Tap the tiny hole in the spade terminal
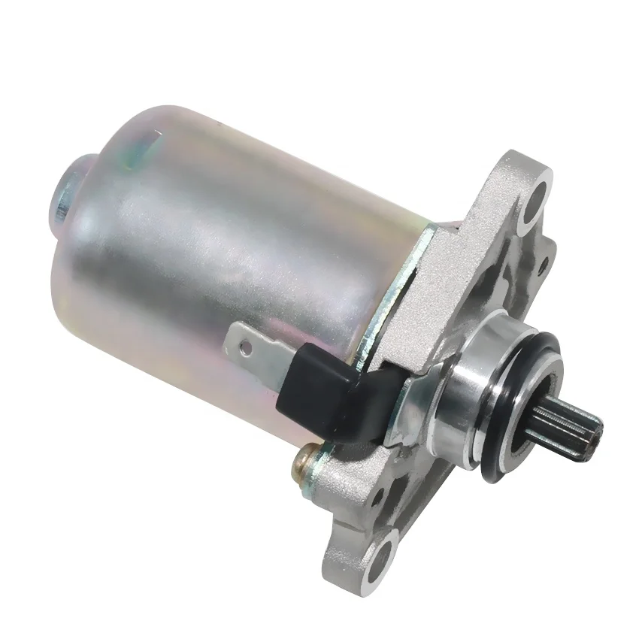(x=242, y=347)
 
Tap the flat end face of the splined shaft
(x=593, y=429)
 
